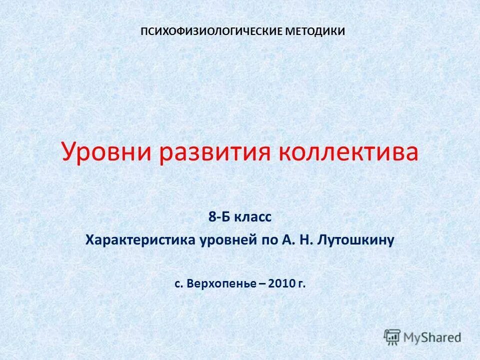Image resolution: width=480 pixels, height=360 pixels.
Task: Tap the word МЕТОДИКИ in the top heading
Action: point(315,31)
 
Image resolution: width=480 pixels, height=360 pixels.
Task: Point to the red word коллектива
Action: point(348,152)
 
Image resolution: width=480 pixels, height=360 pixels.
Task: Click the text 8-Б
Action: point(219,217)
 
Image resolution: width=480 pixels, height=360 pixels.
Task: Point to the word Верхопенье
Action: point(223,284)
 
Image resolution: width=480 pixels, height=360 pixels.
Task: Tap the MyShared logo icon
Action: point(392,336)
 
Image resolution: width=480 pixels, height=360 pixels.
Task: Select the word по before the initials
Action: point(266,240)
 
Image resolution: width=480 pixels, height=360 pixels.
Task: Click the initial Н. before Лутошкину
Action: point(305,240)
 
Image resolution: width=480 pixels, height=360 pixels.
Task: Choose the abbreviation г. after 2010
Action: point(301,284)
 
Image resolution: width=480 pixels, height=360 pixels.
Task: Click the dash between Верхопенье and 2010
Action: point(262,284)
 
